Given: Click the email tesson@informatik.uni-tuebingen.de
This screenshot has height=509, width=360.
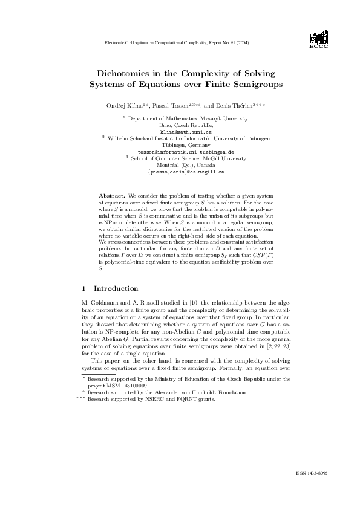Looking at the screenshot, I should pyautogui.click(x=186, y=152).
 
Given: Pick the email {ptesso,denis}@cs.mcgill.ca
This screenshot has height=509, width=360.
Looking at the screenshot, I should pyautogui.click(x=186, y=172).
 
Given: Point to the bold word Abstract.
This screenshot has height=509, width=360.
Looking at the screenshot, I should pyautogui.click(x=111, y=196).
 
